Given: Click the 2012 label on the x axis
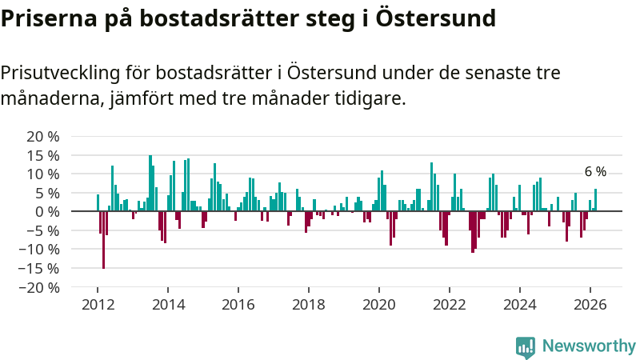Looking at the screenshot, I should [x=98, y=305].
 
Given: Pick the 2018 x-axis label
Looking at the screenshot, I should [x=309, y=305].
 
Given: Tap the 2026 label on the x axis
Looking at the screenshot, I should [x=590, y=305].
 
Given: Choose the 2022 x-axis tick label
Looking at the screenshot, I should [x=450, y=305].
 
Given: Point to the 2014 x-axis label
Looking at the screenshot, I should [x=168, y=305].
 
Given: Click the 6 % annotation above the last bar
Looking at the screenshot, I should [x=595, y=172].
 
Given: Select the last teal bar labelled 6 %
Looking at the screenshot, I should [x=596, y=200].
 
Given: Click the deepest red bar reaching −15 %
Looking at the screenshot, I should [x=103, y=239].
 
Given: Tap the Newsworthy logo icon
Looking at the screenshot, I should [x=526, y=346].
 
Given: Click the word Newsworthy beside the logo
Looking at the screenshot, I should [x=589, y=346].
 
